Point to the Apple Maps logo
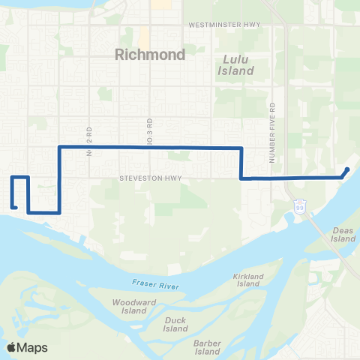[x=27, y=347]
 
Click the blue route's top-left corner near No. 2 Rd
[x=59, y=148]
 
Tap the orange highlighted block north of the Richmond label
[x=142, y=35]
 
